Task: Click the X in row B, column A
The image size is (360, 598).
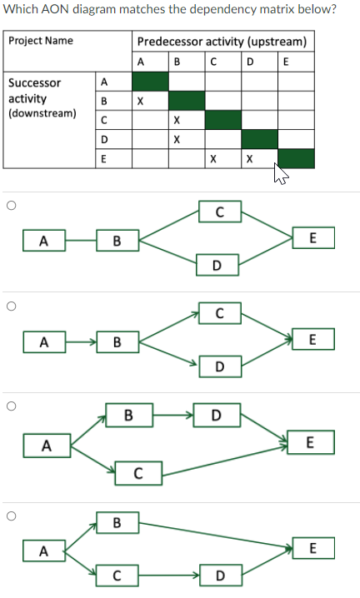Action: [140, 101]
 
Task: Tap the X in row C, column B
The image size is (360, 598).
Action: [176, 120]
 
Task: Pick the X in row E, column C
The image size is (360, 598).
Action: [213, 158]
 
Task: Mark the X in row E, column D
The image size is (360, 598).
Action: [249, 158]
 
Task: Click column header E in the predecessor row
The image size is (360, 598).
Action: [287, 61]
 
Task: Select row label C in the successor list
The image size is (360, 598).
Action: [103, 120]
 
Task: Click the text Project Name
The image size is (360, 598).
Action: [41, 41]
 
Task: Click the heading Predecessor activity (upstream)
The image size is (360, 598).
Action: [222, 42]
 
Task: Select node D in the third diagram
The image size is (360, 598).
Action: [216, 414]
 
